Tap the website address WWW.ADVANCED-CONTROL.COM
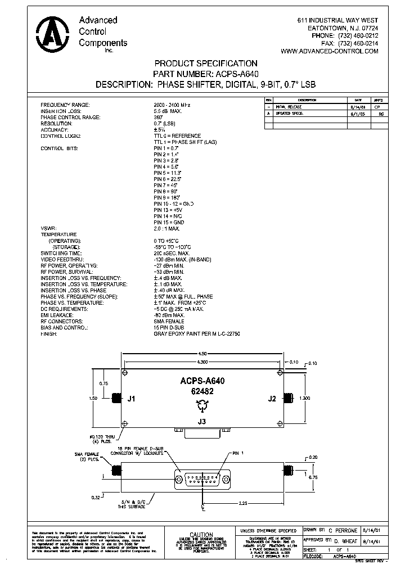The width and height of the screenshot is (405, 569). (x=329, y=51)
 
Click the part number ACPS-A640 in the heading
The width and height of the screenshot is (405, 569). (x=236, y=74)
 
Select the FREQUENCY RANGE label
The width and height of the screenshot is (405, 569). (x=65, y=105)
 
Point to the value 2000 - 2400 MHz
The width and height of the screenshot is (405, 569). (x=172, y=105)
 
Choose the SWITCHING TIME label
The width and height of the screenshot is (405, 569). (x=61, y=253)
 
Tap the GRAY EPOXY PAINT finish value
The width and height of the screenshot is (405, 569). (x=197, y=333)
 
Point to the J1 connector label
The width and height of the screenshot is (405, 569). (x=132, y=399)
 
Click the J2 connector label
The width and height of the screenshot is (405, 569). (x=272, y=399)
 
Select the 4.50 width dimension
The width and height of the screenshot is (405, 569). (x=201, y=353)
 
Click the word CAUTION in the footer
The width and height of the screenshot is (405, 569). (x=201, y=535)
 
